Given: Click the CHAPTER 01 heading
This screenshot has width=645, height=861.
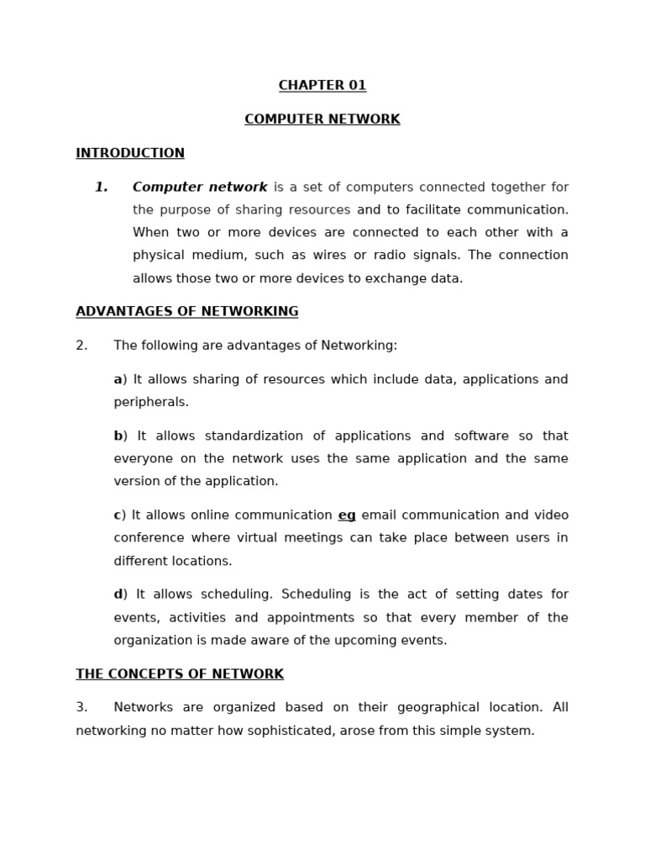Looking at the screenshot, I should click(322, 86).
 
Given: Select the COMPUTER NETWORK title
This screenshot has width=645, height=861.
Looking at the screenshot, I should click(322, 119).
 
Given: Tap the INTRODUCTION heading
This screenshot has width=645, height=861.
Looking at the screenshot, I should click(130, 153).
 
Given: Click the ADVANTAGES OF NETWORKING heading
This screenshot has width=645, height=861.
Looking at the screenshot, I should click(187, 312).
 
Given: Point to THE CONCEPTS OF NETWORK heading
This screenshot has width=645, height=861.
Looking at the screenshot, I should click(180, 674).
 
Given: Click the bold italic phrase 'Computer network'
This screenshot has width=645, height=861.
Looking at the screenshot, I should click(200, 188).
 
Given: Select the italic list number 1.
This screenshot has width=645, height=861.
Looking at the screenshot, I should click(101, 188).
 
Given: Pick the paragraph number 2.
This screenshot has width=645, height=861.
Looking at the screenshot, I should click(81, 346).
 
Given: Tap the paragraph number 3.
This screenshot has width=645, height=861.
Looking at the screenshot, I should click(81, 708).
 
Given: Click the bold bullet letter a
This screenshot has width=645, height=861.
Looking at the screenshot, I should click(118, 380).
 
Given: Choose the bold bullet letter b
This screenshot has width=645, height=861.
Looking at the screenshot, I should click(118, 436).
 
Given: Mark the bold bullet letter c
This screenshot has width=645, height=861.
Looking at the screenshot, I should click(118, 515).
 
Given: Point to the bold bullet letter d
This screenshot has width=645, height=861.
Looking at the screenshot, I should click(118, 594).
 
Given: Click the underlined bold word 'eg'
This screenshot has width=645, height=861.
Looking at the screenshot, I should click(347, 515).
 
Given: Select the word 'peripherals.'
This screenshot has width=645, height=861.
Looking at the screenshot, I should click(151, 403).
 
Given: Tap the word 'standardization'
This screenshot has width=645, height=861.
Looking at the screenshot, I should click(253, 436).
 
